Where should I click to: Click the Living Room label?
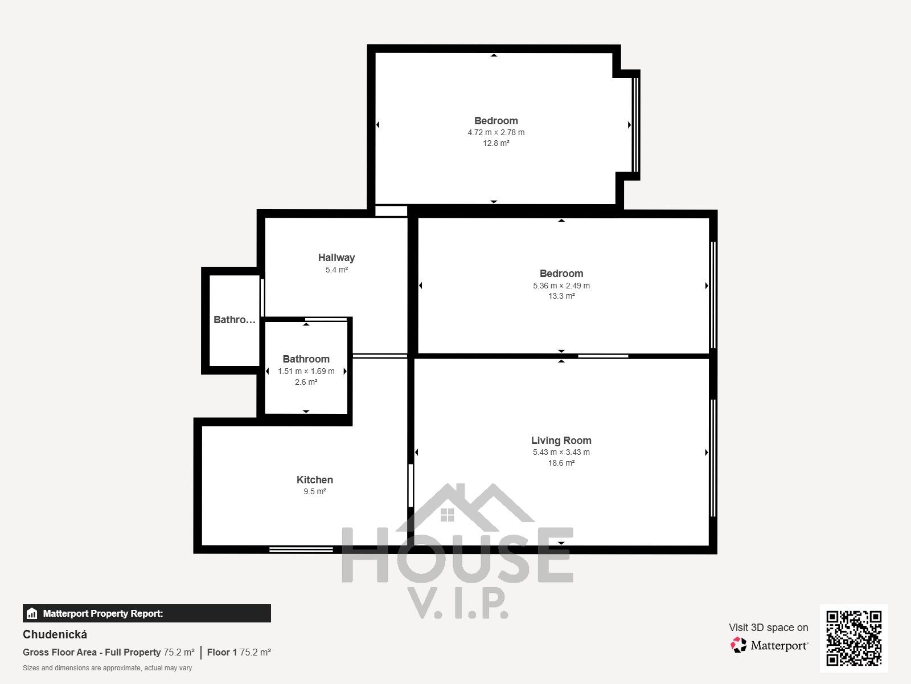pos(561,440)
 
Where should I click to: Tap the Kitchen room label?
pos(315,480)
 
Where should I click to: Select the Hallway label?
pos(337,258)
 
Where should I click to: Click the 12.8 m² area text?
pos(496,143)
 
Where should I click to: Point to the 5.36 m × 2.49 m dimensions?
pos(561,286)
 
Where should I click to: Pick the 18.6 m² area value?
pos(561,463)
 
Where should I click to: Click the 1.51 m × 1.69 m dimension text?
pos(306,371)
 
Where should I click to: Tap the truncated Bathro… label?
pos(235,320)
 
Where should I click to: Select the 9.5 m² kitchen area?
pos(315,492)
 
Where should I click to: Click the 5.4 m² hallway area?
pos(337,270)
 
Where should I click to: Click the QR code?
pos(853,638)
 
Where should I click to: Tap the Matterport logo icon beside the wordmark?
pos(738,645)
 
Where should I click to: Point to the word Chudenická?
pos(55,634)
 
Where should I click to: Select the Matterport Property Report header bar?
pos(146,613)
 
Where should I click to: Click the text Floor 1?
pos(222,653)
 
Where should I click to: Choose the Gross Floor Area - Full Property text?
pos(92,653)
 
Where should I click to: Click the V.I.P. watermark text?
pos(458,603)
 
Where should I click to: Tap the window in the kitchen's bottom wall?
pos(301,550)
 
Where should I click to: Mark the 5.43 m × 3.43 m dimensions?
pos(561,452)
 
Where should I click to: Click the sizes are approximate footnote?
pos(107,668)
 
